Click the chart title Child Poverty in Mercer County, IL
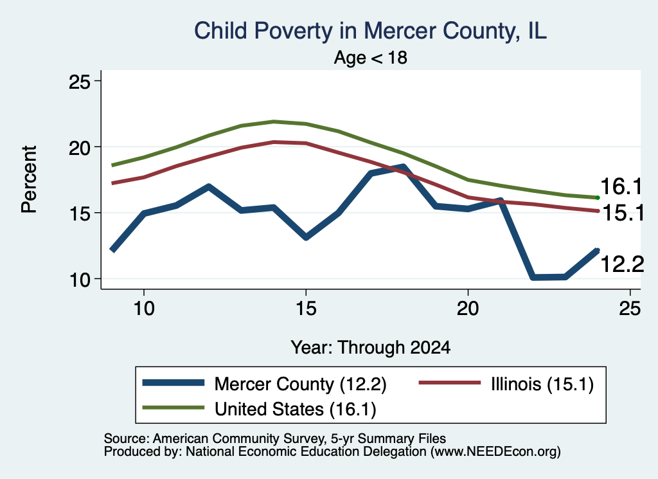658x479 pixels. pyautogui.click(x=370, y=31)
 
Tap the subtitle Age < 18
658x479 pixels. pyautogui.click(x=371, y=57)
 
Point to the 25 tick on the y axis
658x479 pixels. pyautogui.click(x=79, y=82)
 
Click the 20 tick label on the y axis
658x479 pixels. pyautogui.click(x=79, y=147)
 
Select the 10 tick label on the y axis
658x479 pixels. pyautogui.click(x=79, y=279)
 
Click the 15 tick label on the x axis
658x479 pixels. pyautogui.click(x=306, y=309)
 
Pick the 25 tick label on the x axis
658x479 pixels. pyautogui.click(x=630, y=309)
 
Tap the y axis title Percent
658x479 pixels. pyautogui.click(x=29, y=179)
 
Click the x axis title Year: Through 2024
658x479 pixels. pyautogui.click(x=371, y=348)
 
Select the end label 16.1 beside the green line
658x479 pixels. pyautogui.click(x=621, y=186)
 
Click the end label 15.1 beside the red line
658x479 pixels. pyautogui.click(x=623, y=213)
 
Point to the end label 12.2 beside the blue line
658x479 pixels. pyautogui.click(x=622, y=264)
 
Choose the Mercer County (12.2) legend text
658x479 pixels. pyautogui.click(x=301, y=384)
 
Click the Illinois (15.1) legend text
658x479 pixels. pyautogui.click(x=542, y=384)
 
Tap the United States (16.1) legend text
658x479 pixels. pyautogui.click(x=296, y=410)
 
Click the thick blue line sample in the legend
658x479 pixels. pyautogui.click(x=173, y=383)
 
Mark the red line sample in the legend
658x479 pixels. pyautogui.click(x=449, y=383)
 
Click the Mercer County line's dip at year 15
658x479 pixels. pyautogui.click(x=306, y=237)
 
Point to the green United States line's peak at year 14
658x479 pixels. pyautogui.click(x=274, y=122)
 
